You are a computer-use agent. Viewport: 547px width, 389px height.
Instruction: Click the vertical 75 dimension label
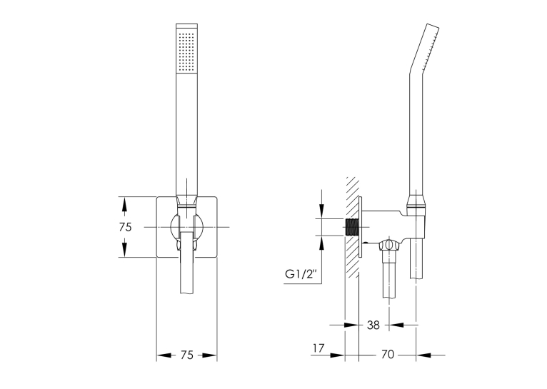click(125, 227)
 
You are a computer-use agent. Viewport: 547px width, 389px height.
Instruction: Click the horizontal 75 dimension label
click(187, 355)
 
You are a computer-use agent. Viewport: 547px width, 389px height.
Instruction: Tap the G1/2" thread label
click(301, 274)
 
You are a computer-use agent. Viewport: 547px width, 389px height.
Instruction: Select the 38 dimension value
click(373, 325)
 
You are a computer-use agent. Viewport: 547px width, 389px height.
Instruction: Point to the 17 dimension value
click(318, 348)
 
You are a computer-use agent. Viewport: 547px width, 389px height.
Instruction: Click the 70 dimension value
click(387, 355)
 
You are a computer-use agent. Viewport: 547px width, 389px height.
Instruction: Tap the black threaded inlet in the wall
click(352, 228)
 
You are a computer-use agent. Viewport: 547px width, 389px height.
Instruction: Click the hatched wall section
click(352, 227)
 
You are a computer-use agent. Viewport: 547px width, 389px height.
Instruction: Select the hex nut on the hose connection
click(389, 245)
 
